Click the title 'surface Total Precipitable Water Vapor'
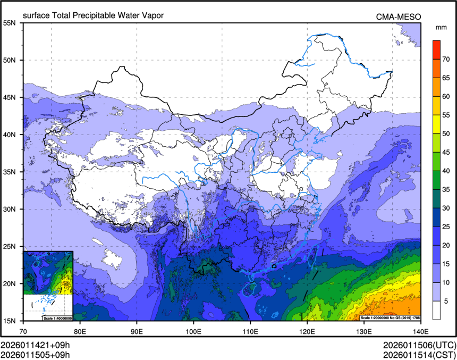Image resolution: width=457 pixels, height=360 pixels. (93, 15)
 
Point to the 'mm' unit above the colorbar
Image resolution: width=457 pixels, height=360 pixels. (441, 27)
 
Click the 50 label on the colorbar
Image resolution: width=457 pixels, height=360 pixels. (447, 133)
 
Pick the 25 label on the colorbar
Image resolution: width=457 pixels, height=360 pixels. (447, 227)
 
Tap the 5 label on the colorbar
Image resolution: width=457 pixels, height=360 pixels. (447, 301)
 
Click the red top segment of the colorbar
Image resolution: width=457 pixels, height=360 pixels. (436, 49)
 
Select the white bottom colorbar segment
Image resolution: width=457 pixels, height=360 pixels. (436, 310)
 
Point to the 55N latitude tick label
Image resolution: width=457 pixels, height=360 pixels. (11, 23)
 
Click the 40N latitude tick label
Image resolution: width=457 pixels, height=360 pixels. (11, 135)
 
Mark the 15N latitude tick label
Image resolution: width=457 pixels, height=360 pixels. (11, 321)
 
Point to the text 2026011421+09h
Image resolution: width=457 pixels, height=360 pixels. (36, 344)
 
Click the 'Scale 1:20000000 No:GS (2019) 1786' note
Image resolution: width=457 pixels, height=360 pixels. (390, 318)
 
